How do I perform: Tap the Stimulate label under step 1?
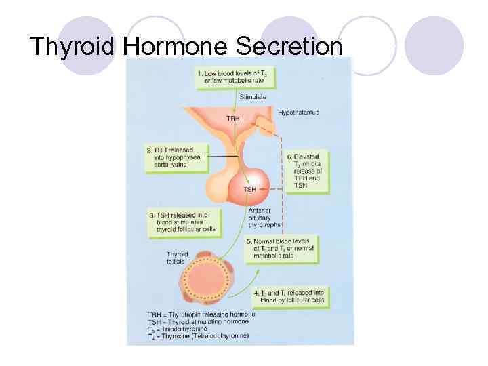pyautogui.click(x=253, y=98)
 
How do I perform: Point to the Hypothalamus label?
pyautogui.click(x=298, y=113)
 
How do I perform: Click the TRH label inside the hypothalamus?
pyautogui.click(x=232, y=119)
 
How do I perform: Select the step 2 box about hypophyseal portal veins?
pyautogui.click(x=169, y=158)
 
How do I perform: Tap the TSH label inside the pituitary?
pyautogui.click(x=249, y=189)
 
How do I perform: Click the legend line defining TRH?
pyautogui.click(x=201, y=314)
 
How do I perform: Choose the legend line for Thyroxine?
pyautogui.click(x=198, y=336)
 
